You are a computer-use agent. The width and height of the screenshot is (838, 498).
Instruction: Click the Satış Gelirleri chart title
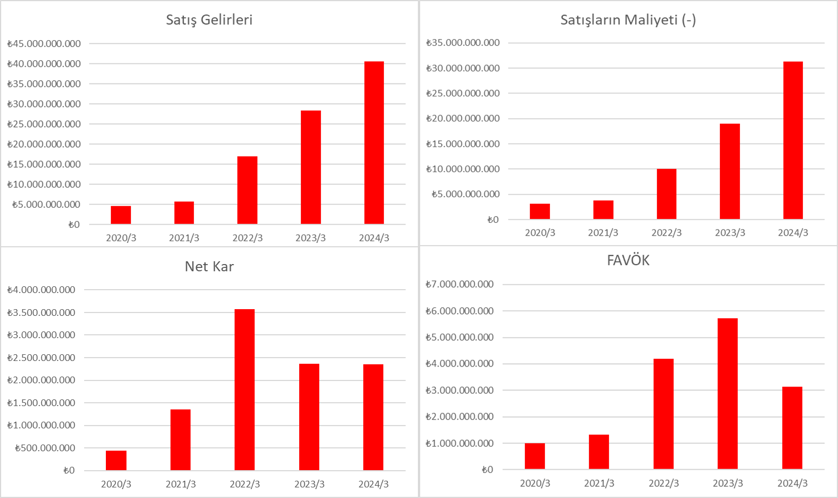pyautogui.click(x=209, y=20)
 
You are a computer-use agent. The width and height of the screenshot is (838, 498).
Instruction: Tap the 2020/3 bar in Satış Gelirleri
pyautogui.click(x=121, y=215)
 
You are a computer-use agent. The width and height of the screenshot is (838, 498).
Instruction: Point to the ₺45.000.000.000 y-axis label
pyautogui.click(x=44, y=43)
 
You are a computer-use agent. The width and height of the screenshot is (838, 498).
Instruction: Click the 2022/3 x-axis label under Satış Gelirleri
pyautogui.click(x=247, y=238)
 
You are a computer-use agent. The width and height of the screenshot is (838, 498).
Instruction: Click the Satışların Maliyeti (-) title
pyautogui.click(x=628, y=20)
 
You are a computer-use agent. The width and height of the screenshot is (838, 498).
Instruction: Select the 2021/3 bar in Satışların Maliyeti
pyautogui.click(x=603, y=209)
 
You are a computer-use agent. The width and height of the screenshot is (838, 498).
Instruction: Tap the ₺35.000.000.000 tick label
pyautogui.click(x=463, y=42)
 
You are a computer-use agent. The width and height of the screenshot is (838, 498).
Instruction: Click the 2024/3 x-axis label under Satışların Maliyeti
pyautogui.click(x=793, y=232)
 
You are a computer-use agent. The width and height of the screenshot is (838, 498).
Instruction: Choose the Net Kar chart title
pyautogui.click(x=209, y=266)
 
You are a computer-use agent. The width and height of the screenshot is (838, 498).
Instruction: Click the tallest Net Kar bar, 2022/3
pyautogui.click(x=245, y=389)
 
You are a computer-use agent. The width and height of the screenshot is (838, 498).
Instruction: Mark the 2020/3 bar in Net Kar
pyautogui.click(x=116, y=460)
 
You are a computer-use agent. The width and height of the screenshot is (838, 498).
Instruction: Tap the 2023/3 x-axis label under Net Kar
pyautogui.click(x=309, y=484)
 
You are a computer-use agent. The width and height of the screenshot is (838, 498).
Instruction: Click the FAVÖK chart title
pyautogui.click(x=628, y=261)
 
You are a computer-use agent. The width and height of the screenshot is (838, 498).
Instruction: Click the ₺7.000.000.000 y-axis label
pyautogui.click(x=460, y=284)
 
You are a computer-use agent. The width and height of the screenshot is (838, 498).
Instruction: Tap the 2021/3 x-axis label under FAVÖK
pyautogui.click(x=599, y=483)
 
